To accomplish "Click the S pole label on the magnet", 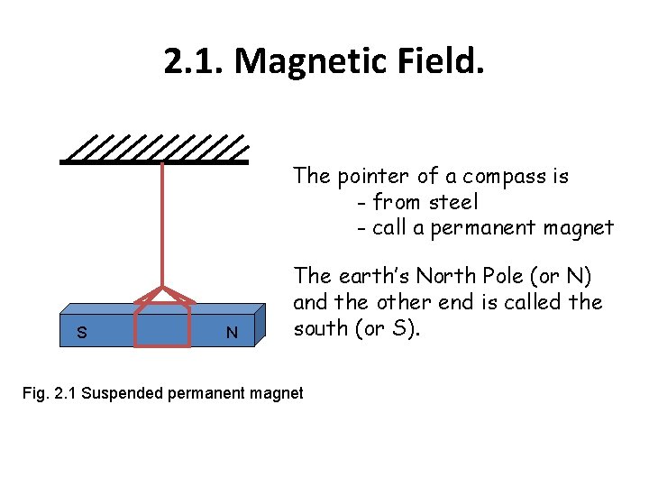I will click(82, 333).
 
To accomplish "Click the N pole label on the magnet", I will click(232, 333).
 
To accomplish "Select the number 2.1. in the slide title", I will click(194, 61).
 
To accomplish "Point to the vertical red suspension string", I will click(161, 225).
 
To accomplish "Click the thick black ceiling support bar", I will click(153, 162).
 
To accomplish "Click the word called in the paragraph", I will click(533, 302).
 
